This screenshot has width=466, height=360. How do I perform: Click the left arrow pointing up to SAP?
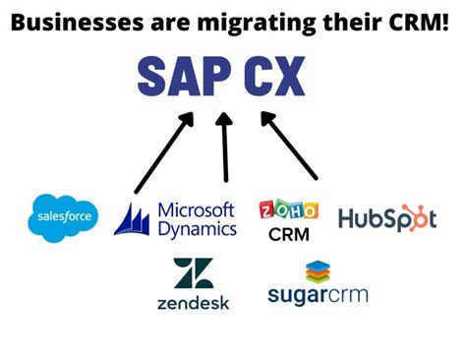(x=161, y=153)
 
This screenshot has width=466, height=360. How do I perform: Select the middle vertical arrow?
(x=226, y=148)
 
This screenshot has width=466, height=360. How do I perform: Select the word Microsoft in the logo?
(x=196, y=210)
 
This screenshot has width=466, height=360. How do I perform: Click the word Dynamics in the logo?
(x=197, y=229)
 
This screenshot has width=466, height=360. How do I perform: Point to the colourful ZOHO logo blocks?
(x=288, y=210)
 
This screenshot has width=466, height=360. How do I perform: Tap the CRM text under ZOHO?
(x=288, y=235)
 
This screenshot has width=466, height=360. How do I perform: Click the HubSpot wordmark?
(x=379, y=218)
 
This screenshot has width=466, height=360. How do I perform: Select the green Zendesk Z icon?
(x=193, y=272)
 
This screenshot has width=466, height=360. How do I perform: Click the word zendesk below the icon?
(x=193, y=302)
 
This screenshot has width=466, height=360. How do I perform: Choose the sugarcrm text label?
(x=318, y=294)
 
